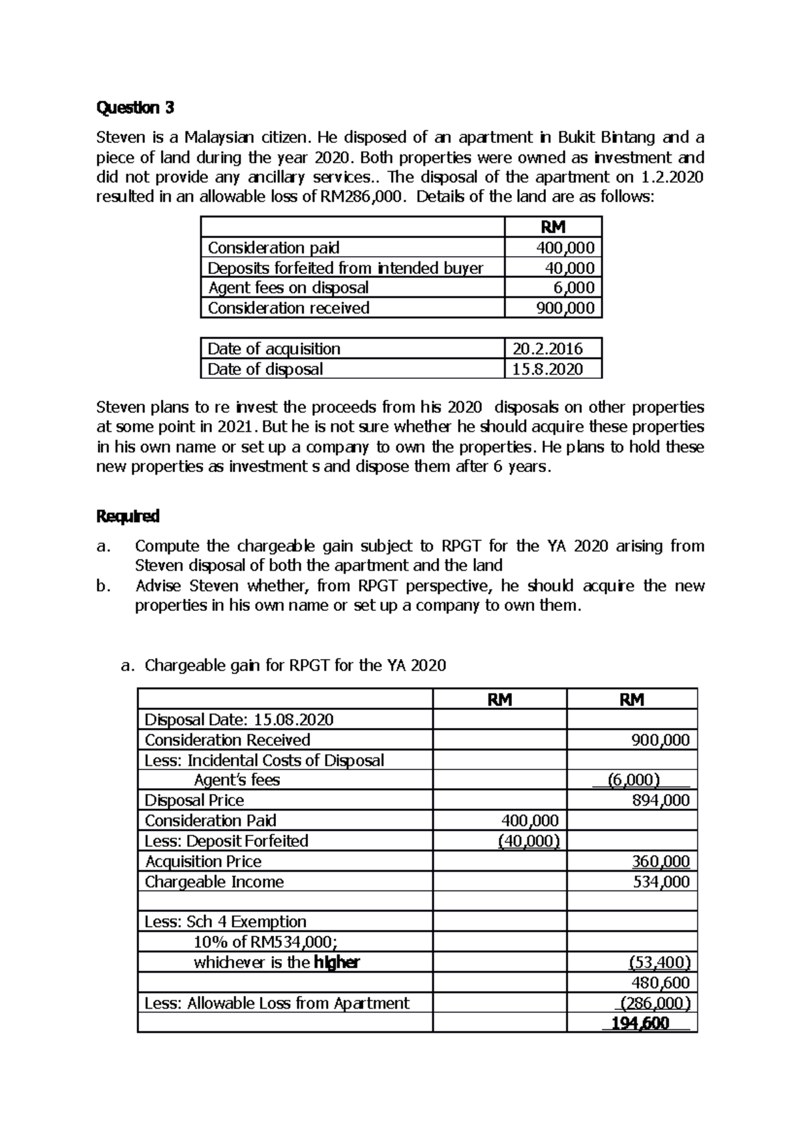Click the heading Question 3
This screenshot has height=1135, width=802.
click(x=135, y=108)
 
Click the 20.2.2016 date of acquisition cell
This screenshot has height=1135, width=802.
click(x=547, y=348)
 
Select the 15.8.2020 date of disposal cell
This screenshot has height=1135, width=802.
click(x=547, y=369)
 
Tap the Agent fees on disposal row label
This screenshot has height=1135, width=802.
click(x=288, y=287)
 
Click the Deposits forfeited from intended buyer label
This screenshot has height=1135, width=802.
click(x=345, y=268)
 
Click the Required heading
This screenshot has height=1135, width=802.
click(x=128, y=516)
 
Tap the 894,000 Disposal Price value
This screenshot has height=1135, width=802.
click(x=660, y=800)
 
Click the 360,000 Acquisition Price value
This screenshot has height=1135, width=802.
click(x=660, y=861)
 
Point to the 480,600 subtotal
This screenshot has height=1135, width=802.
click(x=660, y=983)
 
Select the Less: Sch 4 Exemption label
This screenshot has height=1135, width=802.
click(x=225, y=922)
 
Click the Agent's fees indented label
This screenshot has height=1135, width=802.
click(x=237, y=780)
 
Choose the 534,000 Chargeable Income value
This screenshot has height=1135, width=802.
click(x=660, y=882)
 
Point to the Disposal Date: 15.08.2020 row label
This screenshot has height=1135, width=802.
click(x=239, y=719)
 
